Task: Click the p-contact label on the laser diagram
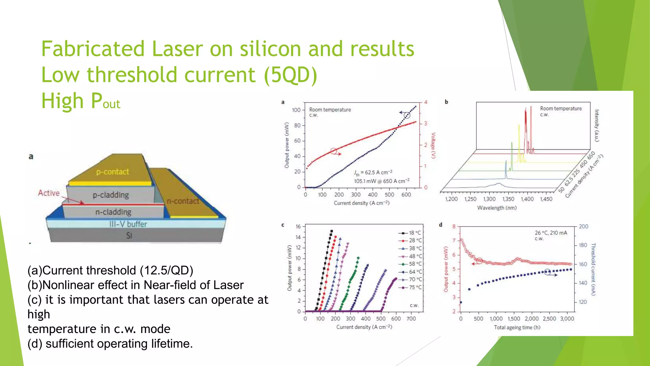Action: (112, 172)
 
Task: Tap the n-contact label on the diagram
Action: (183, 201)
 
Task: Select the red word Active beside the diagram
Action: (49, 193)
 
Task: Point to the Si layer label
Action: (129, 235)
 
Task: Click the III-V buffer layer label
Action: (128, 224)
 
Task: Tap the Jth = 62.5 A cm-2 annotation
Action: (373, 173)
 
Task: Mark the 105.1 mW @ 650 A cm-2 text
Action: (381, 181)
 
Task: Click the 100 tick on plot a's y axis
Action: (296, 110)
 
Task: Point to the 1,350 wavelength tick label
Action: (508, 199)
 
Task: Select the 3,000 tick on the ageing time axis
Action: (567, 319)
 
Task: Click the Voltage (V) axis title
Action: (433, 146)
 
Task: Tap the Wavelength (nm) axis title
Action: (497, 208)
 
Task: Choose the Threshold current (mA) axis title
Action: (593, 269)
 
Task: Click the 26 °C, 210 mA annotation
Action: (551, 233)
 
